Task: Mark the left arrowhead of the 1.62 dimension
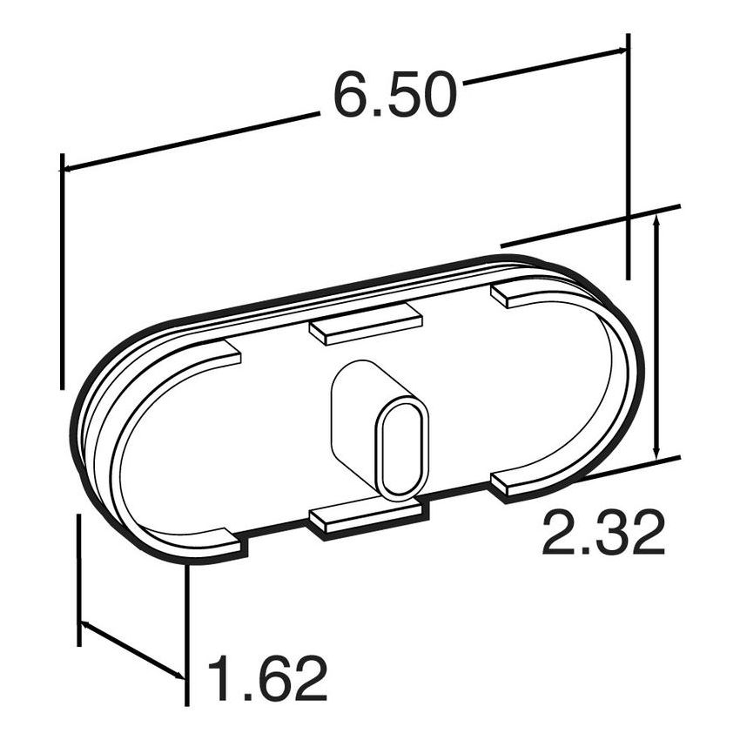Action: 85,626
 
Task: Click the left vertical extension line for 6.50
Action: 62,270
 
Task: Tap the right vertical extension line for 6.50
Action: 628,157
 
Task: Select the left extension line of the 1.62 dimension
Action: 79,579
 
